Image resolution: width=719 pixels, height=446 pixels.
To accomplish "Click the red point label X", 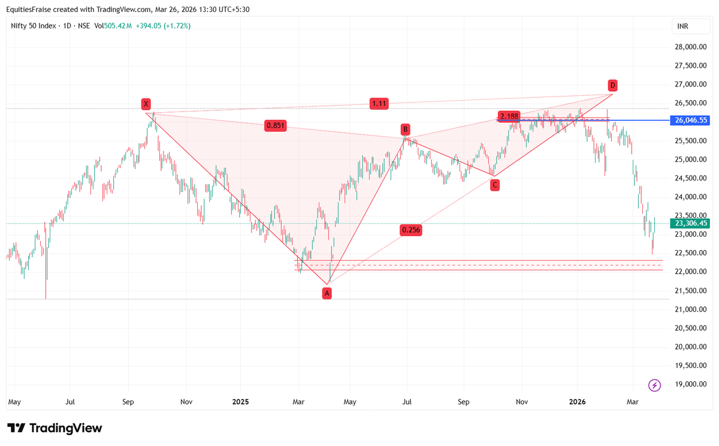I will (x=146, y=104).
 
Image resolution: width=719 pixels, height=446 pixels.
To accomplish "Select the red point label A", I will (x=327, y=293).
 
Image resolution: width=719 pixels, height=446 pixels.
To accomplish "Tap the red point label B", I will (x=406, y=129).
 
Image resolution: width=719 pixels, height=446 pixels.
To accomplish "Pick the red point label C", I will (x=495, y=185).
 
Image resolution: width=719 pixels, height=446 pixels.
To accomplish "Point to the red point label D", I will (x=612, y=85).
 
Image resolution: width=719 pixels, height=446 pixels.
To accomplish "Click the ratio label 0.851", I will (x=276, y=126).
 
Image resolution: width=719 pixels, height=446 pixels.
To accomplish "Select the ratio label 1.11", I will (x=379, y=103).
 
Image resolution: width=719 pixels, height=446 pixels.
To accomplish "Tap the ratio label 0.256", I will (x=410, y=230).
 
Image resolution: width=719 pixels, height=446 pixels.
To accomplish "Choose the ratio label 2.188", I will (x=509, y=116).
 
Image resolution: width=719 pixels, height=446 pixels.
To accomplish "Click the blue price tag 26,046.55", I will (x=691, y=120).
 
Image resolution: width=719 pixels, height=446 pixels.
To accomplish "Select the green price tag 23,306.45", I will (x=691, y=223).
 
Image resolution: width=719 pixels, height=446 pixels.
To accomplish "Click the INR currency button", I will (x=682, y=26).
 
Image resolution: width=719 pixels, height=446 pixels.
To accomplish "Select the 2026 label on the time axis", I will (x=577, y=401).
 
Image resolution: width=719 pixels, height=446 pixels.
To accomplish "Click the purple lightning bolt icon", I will (x=654, y=385).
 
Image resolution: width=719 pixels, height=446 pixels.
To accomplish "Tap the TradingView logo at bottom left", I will (x=55, y=428).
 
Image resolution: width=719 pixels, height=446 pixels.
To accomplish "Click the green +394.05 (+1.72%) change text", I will (x=163, y=26).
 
